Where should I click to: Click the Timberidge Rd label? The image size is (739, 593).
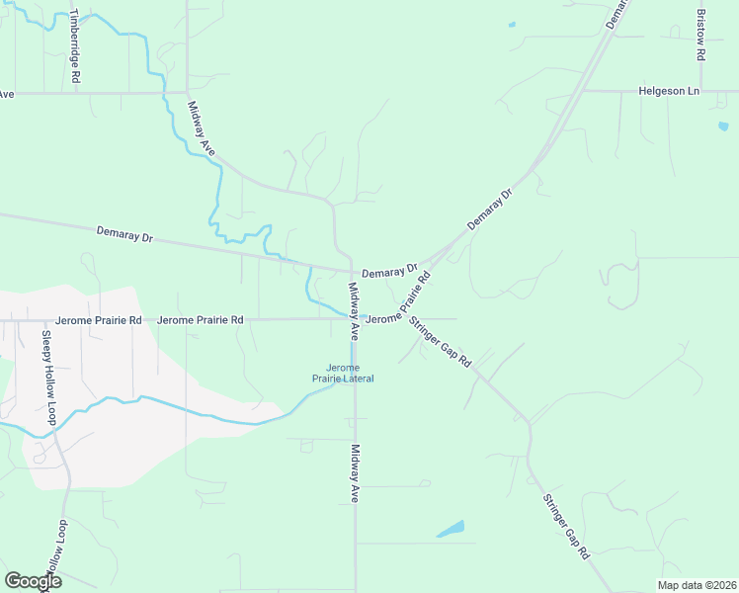[x=75, y=46]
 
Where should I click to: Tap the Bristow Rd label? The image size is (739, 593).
[x=700, y=37]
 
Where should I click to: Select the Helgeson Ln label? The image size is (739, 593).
[x=669, y=91]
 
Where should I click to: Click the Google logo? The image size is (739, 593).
[x=33, y=581]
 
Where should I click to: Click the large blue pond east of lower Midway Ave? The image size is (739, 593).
[x=451, y=529]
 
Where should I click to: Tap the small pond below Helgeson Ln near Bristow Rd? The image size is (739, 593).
[x=723, y=127]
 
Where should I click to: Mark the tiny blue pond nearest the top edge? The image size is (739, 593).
[x=512, y=24]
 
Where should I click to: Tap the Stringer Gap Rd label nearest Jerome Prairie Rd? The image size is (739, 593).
[x=442, y=342]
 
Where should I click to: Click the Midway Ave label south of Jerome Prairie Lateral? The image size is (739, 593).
[x=355, y=474]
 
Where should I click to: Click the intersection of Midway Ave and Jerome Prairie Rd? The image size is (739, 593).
[x=355, y=318]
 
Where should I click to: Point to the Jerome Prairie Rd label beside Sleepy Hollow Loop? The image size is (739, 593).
[x=99, y=320]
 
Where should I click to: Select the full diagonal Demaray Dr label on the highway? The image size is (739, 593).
[x=491, y=210]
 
